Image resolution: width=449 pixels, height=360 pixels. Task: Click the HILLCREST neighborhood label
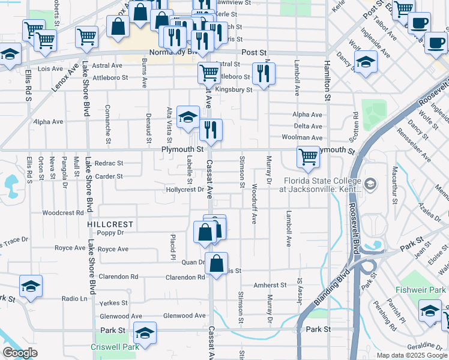110,224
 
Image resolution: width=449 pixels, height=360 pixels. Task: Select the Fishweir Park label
421,290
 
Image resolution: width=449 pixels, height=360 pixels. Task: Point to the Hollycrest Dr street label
185,190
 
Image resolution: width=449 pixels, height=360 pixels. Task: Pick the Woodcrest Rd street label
63,213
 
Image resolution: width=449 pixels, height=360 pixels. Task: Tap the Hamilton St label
327,81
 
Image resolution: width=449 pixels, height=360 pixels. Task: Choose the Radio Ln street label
74,298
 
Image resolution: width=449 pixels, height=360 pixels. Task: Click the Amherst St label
270,286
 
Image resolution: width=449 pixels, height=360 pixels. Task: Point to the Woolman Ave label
303,137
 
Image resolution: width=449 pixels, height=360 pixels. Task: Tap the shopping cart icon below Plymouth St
308,157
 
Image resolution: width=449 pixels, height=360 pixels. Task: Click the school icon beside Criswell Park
145,332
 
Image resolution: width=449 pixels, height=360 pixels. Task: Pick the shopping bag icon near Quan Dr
217,262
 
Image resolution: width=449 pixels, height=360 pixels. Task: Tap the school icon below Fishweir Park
430,311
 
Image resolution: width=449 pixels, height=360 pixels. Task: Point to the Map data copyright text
411,355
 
